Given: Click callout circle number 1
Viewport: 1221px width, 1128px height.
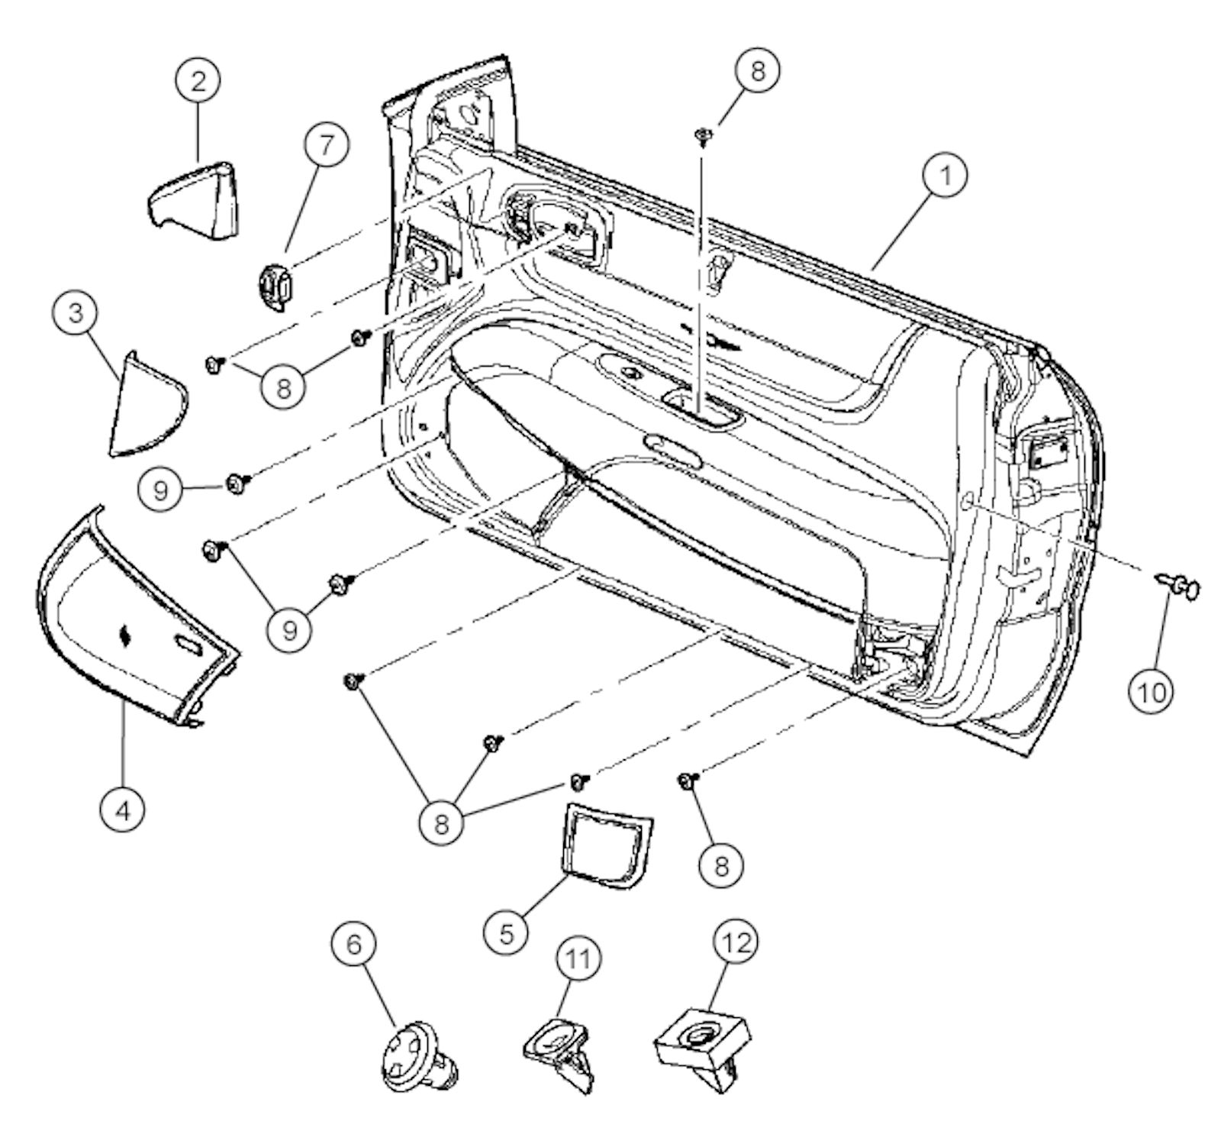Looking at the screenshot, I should click(945, 176).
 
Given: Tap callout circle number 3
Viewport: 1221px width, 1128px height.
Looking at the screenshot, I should click(76, 314).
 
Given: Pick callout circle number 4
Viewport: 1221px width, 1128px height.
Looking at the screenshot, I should click(123, 809).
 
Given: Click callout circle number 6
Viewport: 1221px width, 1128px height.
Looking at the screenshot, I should click(354, 944).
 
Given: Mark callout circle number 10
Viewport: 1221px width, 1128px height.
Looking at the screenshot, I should click(1152, 692).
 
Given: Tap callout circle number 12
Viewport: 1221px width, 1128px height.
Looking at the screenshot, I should click(736, 944).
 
